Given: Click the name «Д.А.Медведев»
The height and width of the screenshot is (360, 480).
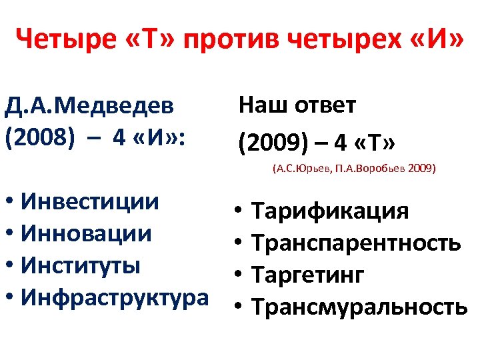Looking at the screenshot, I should pos(89,105).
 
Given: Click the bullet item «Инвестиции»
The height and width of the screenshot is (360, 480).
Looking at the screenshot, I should pos(89,201).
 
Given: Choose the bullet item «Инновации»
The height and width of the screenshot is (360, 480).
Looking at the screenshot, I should pos(86,233).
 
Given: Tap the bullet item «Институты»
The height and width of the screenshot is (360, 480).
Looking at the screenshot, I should pos(81,265).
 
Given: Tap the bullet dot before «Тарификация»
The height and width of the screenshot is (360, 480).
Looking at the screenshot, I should pos(238,212).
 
